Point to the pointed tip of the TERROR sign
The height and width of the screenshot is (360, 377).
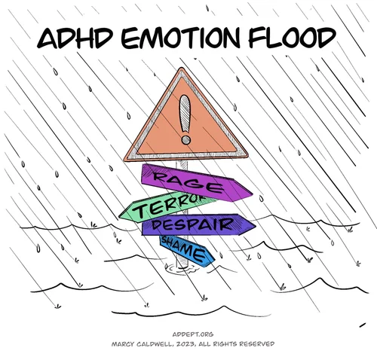(x=121, y=214)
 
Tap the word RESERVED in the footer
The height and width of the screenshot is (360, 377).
(x=256, y=343)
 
